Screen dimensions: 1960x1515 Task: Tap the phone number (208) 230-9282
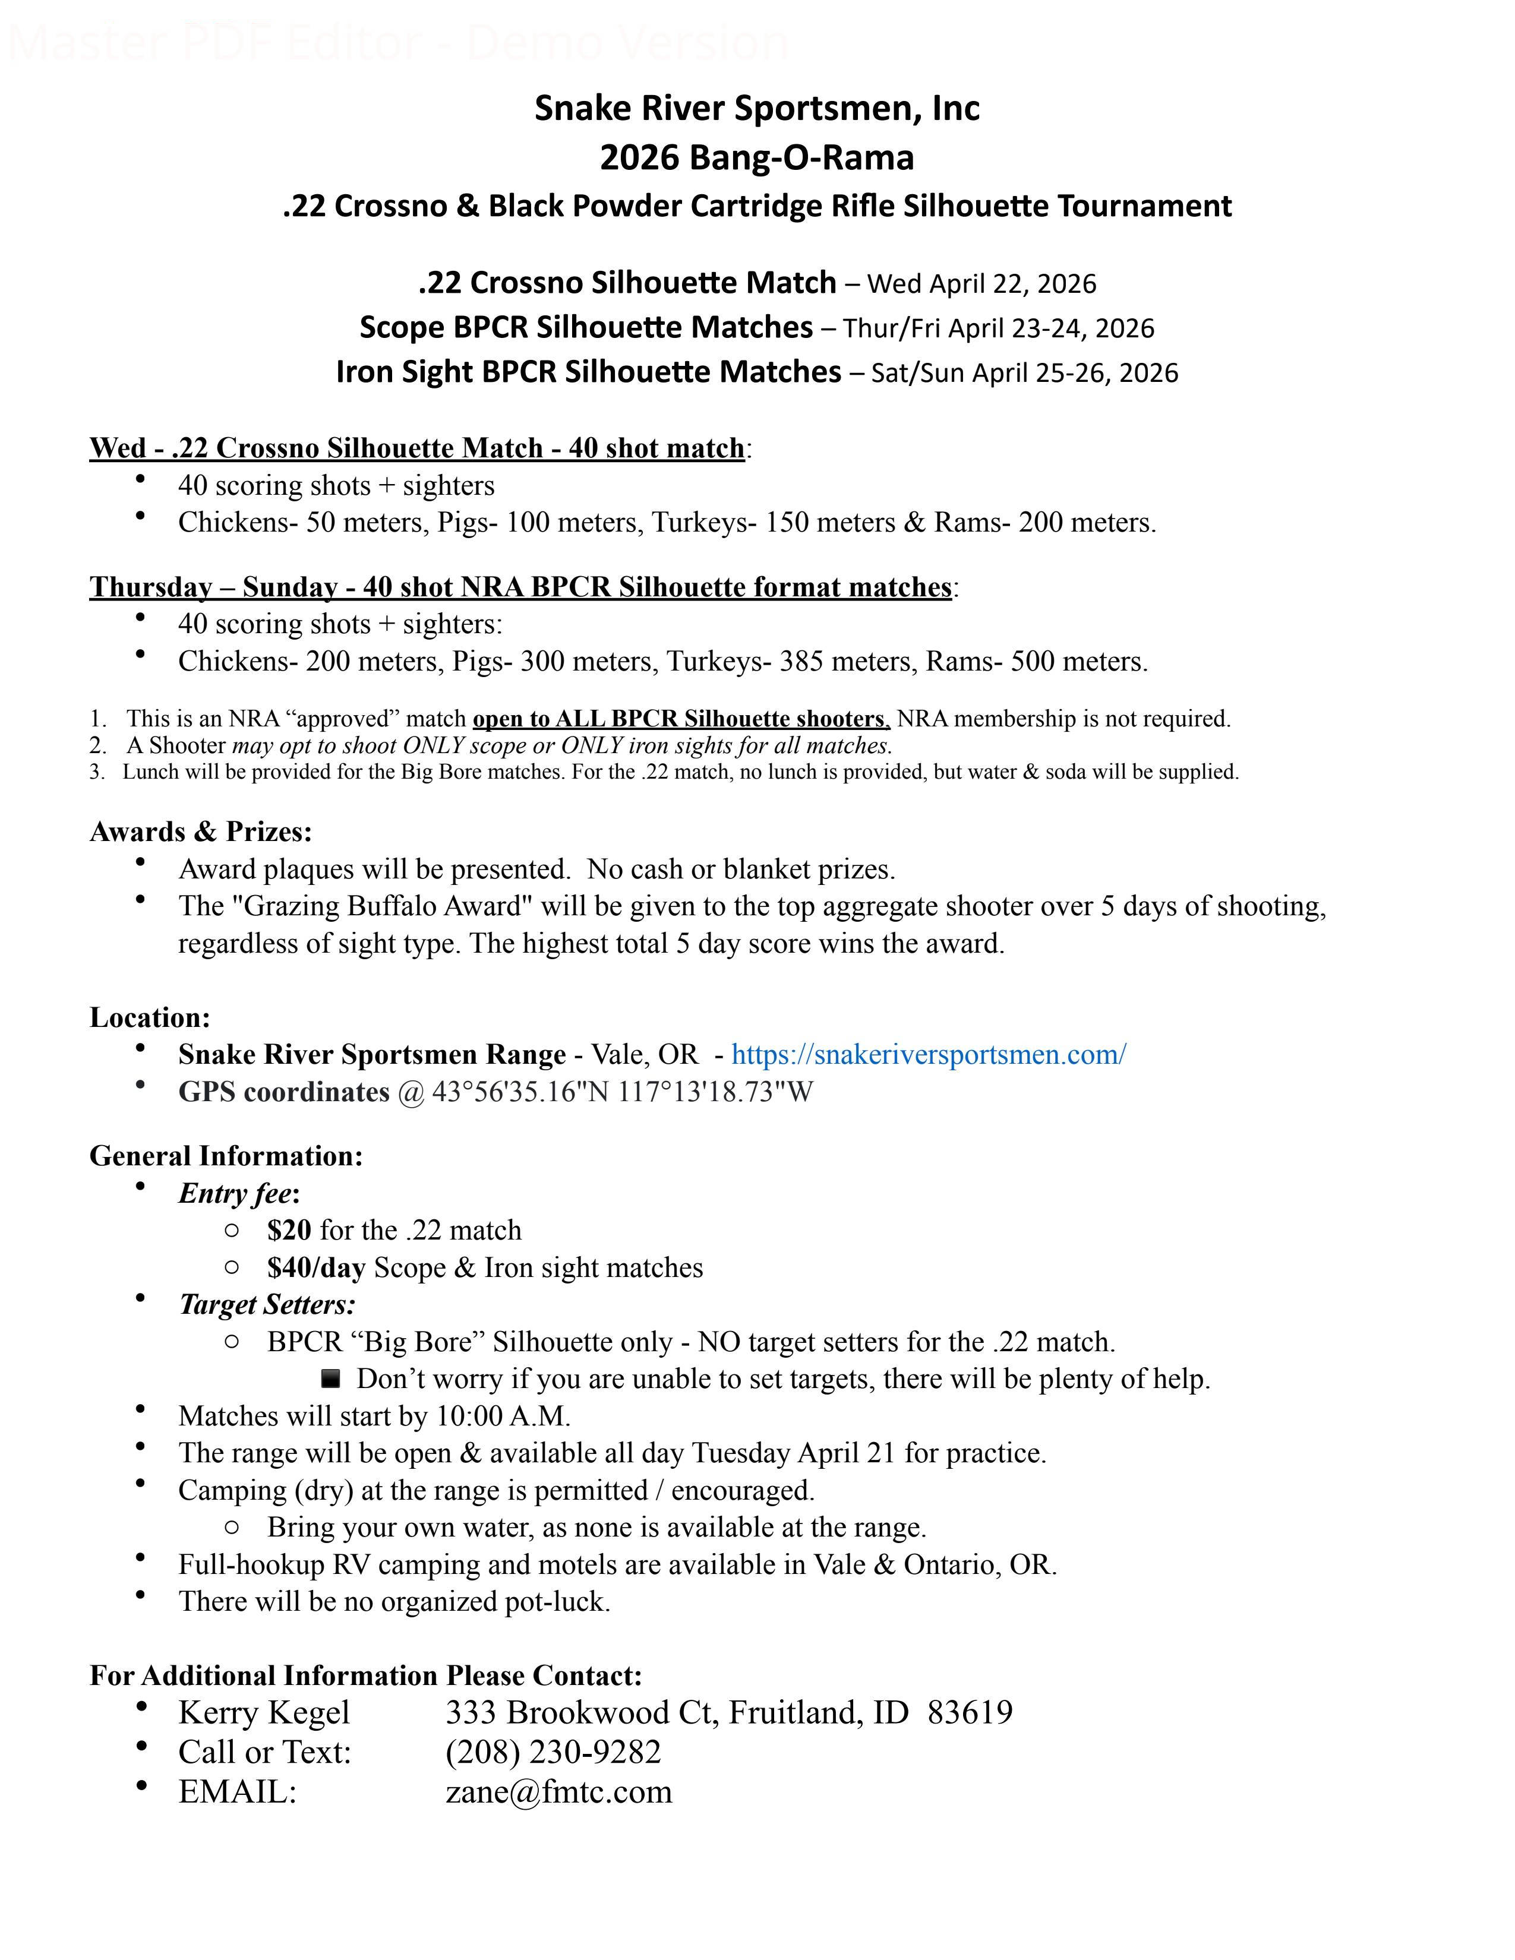click(x=553, y=1752)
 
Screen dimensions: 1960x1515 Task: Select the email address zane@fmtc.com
click(x=558, y=1791)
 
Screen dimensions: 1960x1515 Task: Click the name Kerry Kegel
click(x=264, y=1712)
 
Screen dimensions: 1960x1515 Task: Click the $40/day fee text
click(x=316, y=1267)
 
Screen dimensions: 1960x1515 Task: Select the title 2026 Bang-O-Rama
click(x=756, y=158)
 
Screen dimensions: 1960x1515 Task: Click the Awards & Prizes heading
click(x=201, y=832)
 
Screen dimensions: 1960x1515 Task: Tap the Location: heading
click(x=150, y=1017)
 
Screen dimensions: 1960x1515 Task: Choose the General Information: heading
click(x=226, y=1156)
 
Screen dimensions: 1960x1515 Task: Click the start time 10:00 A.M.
click(x=503, y=1416)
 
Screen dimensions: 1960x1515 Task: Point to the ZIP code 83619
click(x=970, y=1712)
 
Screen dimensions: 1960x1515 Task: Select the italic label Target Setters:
click(x=267, y=1305)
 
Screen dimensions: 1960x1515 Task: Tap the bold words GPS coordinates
click(x=283, y=1092)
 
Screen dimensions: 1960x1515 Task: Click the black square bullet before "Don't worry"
click(x=330, y=1377)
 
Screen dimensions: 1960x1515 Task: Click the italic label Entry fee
click(x=235, y=1194)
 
